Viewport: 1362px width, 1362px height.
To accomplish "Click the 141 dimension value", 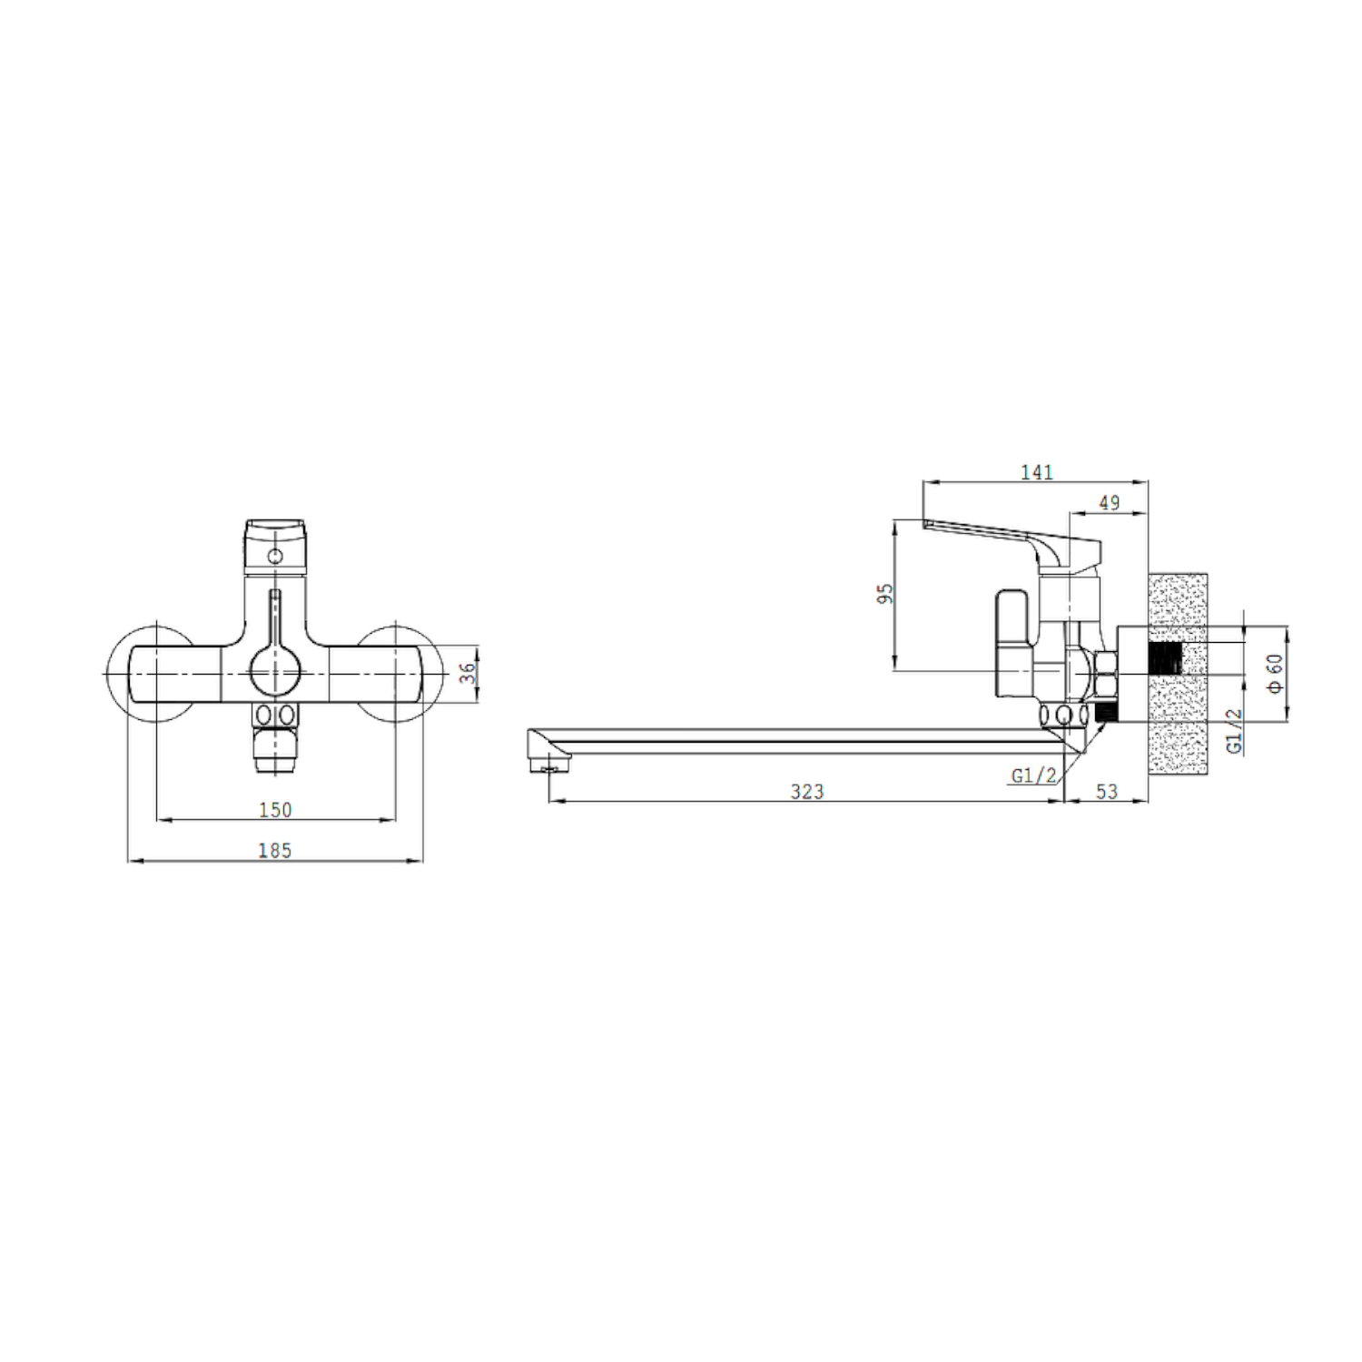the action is (x=1036, y=472).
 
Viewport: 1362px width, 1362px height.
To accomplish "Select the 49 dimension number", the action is (x=1109, y=502).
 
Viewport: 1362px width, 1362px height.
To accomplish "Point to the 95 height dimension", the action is (x=885, y=593).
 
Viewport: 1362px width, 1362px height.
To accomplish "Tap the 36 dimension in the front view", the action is (x=468, y=673).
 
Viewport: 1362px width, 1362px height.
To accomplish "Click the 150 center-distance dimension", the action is (x=275, y=809).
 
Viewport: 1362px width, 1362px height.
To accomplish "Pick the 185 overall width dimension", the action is (x=275, y=850).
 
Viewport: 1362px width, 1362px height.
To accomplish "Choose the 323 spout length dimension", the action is (x=806, y=792).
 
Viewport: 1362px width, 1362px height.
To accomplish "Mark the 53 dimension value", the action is (x=1106, y=792).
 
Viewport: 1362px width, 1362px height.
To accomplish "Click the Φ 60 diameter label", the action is (x=1276, y=673).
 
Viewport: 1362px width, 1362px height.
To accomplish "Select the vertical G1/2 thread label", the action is (x=1235, y=730).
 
